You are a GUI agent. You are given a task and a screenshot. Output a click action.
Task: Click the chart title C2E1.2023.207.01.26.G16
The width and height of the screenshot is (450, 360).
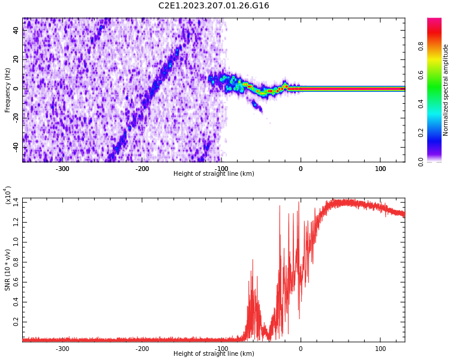[214, 6]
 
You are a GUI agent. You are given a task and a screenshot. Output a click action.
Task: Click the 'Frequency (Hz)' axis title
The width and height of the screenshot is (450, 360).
[8, 89]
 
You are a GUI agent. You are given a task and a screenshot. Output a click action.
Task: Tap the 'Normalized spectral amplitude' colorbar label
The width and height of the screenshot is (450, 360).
[446, 89]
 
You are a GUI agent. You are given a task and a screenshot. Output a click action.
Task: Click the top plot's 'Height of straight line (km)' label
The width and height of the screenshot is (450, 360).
[214, 174]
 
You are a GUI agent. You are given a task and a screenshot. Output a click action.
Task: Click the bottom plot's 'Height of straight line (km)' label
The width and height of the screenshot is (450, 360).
[214, 353]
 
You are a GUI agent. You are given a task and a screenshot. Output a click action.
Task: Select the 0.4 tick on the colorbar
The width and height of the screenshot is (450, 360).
[421, 104]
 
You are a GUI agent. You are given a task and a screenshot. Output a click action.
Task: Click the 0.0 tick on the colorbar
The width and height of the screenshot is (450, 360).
[421, 161]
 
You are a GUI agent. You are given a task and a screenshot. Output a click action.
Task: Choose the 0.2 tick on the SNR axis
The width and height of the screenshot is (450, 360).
[16, 322]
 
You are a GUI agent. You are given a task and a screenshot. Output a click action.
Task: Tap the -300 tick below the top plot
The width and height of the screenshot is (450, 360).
[62, 169]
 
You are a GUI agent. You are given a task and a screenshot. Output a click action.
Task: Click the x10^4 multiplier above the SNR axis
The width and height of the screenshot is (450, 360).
[8, 196]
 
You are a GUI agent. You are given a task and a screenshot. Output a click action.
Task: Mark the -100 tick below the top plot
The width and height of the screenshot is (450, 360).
[221, 169]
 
